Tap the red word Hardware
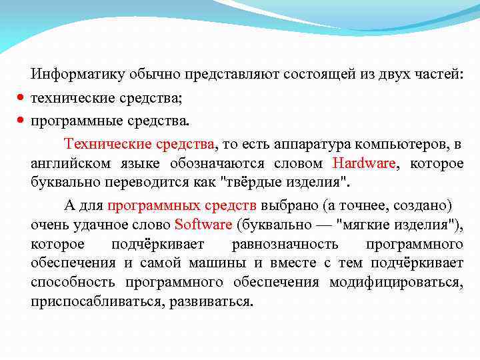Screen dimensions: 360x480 [x=363, y=163]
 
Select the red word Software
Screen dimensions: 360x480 [x=203, y=224]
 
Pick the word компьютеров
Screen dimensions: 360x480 [x=397, y=144]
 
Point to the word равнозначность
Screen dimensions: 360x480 [x=285, y=243]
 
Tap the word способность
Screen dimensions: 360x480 [x=73, y=282]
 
